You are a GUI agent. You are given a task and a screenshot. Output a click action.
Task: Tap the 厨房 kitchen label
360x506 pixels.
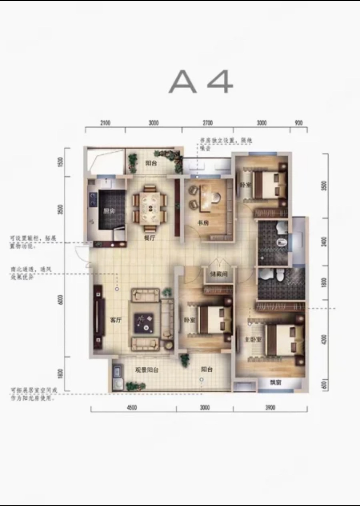click(109, 211)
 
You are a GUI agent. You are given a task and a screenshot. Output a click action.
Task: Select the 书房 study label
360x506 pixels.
click(203, 223)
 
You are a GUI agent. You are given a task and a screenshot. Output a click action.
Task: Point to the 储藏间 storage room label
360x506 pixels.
click(219, 274)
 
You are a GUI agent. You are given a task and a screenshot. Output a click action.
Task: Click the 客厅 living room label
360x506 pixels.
click(116, 320)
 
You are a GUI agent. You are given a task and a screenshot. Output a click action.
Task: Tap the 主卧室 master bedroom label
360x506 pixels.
click(253, 339)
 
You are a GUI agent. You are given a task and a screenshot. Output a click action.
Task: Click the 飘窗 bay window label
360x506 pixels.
click(275, 382)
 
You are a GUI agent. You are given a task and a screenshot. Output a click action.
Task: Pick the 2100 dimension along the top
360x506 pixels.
click(105, 123)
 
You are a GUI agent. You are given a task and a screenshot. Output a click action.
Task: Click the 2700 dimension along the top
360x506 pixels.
click(208, 123)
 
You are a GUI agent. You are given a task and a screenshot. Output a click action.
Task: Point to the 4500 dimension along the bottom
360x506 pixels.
click(132, 407)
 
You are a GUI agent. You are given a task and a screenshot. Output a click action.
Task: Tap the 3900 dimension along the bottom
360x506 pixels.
click(270, 407)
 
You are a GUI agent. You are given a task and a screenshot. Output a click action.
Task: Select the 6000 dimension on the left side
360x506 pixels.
click(61, 300)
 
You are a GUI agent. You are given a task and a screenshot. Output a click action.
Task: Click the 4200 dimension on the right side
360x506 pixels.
click(324, 339)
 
